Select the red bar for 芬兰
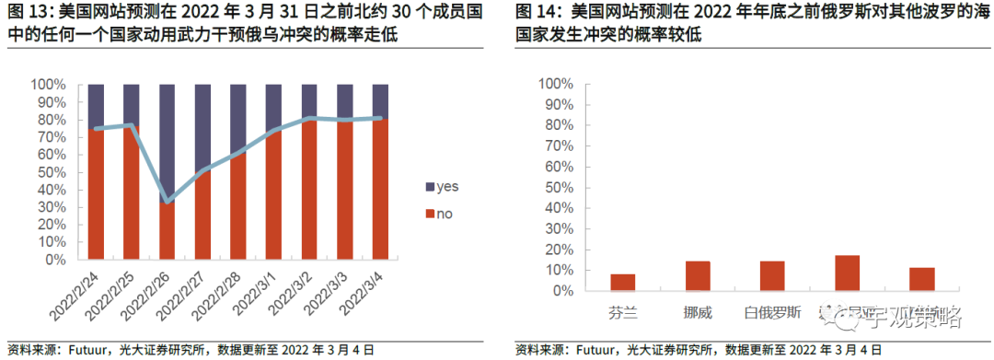(622, 282)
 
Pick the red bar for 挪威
(697, 275)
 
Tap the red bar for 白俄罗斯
(772, 275)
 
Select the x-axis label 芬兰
(622, 310)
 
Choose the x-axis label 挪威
(697, 310)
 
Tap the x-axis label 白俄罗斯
(772, 310)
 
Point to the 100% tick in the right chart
(555, 85)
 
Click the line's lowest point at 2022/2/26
(168, 200)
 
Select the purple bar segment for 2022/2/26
(168, 138)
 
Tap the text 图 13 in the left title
(26, 14)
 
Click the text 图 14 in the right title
(535, 14)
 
